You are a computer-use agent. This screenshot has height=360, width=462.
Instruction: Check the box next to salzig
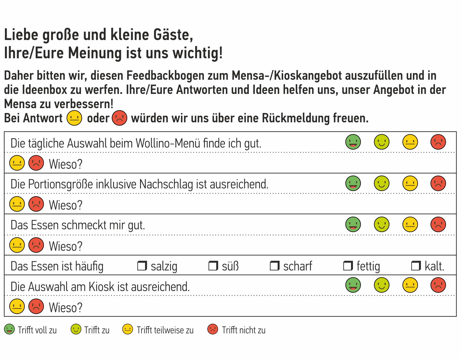(x=142, y=266)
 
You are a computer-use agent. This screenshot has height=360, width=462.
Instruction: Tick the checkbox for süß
(x=213, y=266)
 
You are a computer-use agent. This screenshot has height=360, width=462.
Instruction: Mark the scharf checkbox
(x=274, y=266)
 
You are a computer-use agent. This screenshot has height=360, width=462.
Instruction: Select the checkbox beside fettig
(x=348, y=266)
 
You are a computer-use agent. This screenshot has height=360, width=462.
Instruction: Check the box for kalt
(x=416, y=266)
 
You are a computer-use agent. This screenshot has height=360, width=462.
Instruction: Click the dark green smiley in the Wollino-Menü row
(x=353, y=142)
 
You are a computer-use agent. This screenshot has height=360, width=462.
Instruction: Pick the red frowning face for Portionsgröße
(x=438, y=183)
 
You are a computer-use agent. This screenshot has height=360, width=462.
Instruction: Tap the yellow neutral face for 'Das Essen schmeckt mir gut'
(x=410, y=225)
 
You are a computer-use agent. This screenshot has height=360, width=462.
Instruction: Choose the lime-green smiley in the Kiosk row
(x=381, y=285)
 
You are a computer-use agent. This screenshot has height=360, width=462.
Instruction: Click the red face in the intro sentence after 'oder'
(x=119, y=118)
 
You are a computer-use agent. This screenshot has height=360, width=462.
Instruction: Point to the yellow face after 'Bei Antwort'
(x=74, y=118)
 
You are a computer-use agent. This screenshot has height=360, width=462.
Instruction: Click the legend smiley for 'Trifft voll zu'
(x=9, y=330)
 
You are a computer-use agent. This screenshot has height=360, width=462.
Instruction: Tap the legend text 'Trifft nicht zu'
(x=243, y=330)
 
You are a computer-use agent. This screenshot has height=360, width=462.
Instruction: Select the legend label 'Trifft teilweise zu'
(x=165, y=330)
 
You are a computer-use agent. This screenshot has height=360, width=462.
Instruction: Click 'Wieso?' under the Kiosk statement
(x=66, y=308)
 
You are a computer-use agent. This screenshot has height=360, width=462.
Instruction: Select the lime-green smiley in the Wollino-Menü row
(x=381, y=142)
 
